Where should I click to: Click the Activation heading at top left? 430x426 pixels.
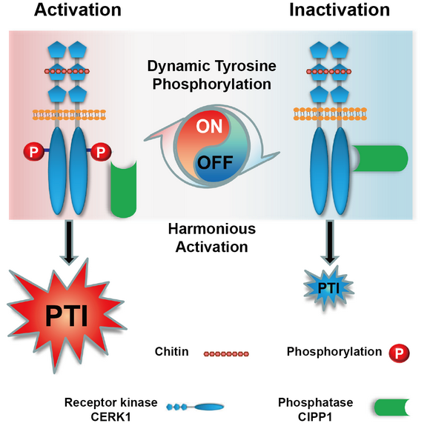78,10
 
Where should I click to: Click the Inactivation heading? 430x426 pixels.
340,10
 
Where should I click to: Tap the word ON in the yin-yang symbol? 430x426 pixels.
209,127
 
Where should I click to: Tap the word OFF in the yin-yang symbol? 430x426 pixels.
215,162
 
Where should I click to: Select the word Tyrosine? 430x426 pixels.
245,67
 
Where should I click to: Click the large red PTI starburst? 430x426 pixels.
67,316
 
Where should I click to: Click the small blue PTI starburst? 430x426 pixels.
329,288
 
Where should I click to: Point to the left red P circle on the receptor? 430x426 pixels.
33,151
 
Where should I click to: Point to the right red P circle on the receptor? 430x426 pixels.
101,151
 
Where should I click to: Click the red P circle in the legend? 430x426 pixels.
400,353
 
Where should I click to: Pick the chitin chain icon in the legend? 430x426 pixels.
226,354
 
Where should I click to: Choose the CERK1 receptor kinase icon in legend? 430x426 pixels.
195,407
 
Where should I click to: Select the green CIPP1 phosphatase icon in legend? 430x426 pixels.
392,407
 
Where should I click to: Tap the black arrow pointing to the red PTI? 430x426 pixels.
69,242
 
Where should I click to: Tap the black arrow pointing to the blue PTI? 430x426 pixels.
330,242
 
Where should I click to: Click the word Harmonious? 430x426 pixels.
212,229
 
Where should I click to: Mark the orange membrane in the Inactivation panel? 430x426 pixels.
330,114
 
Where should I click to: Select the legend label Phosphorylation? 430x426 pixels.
334,352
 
